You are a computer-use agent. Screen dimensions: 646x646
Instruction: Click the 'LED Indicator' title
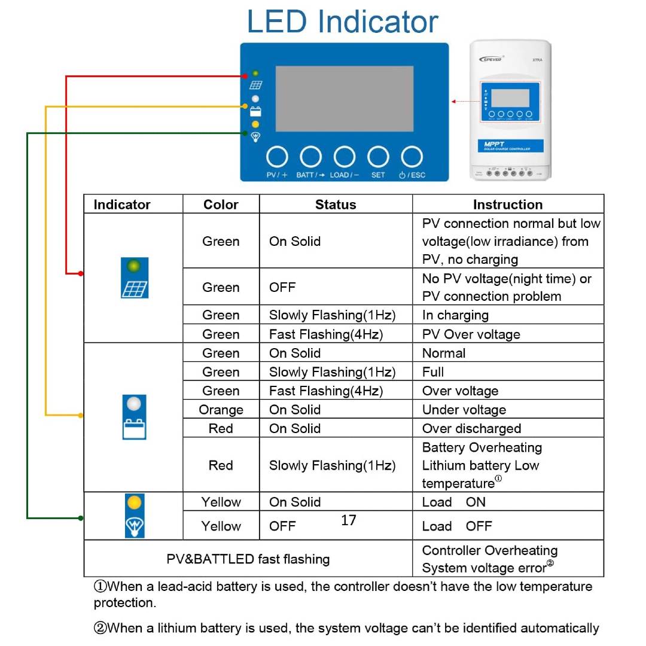[x=342, y=22]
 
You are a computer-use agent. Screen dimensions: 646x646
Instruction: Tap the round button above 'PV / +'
[x=277, y=157]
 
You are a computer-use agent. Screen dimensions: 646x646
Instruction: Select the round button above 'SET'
[x=378, y=157]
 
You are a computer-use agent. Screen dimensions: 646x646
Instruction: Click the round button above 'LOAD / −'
[x=345, y=157]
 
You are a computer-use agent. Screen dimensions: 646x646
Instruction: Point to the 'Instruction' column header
[x=507, y=205]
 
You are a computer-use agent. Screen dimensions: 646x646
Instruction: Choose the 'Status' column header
[x=336, y=205]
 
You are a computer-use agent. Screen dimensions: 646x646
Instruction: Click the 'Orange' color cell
[x=221, y=410]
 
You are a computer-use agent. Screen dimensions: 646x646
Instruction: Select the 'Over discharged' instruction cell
[x=471, y=428]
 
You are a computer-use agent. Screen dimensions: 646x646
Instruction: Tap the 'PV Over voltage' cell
[x=471, y=334]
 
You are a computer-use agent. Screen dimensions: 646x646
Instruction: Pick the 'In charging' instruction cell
[x=455, y=315]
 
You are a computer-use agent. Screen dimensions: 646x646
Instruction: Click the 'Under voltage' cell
[x=464, y=410]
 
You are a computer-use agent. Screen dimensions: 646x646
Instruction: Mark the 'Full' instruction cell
[x=433, y=371]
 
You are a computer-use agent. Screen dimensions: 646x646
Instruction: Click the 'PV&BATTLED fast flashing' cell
[x=248, y=559]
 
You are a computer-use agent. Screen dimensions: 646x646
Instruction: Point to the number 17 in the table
[x=349, y=520]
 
